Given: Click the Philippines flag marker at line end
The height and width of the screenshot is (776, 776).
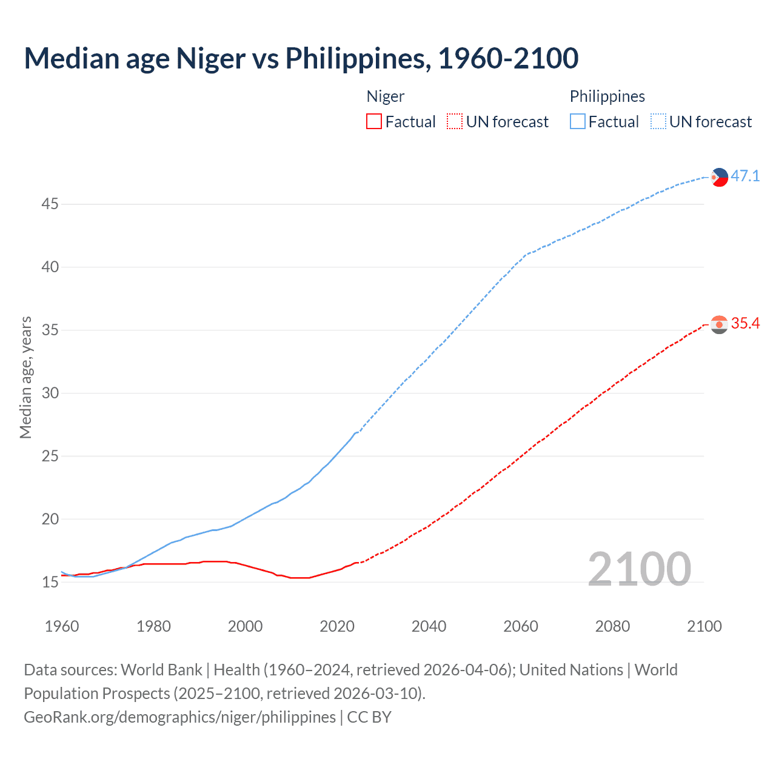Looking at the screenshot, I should coord(719,177).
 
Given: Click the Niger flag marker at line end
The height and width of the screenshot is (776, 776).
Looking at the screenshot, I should coord(719,325).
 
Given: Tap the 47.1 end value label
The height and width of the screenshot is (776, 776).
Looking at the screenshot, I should coord(745,176).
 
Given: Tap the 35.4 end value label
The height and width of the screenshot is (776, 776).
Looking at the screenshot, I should coord(745,324).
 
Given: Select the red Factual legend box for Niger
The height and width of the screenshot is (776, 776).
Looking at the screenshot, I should coord(374,122).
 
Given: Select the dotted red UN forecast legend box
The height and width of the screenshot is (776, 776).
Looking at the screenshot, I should coord(455,122).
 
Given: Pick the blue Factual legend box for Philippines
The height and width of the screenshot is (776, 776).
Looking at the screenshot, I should coord(578,122).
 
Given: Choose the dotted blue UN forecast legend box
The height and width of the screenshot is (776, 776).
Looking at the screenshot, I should coord(658,122).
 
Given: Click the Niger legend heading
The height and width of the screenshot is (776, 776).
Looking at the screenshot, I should coord(386,96).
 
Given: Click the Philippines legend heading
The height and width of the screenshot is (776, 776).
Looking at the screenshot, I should coord(607,96).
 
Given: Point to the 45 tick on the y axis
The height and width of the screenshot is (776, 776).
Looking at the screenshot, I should coord(50,204).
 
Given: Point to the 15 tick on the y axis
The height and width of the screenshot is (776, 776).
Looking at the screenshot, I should coord(50,583).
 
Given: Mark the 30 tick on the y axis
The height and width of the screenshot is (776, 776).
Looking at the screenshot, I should coord(50,393).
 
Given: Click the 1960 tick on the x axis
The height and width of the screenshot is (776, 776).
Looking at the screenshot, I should coord(62,626).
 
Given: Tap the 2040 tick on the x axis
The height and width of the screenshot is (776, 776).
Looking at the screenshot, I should coord(429,626).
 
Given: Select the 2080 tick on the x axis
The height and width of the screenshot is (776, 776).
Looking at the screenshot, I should coord(612,626).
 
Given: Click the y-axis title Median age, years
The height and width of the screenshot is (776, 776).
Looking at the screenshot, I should coord(25,377).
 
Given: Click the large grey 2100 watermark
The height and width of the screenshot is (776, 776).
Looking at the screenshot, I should coord(639,569).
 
